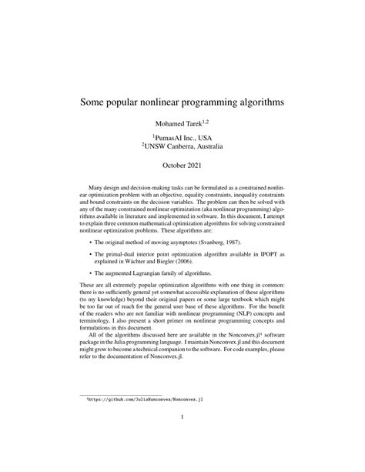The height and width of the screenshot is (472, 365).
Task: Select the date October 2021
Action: [182, 165]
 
